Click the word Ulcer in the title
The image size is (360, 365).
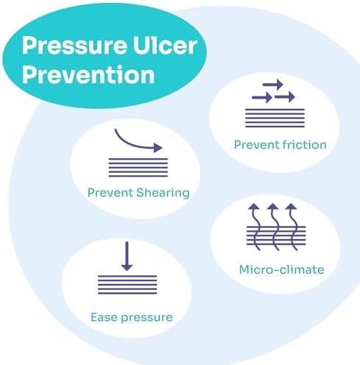[165, 46]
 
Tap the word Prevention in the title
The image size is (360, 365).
[88, 74]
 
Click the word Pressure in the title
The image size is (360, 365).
[74, 46]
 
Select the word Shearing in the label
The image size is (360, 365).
[163, 193]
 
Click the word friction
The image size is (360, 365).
[304, 145]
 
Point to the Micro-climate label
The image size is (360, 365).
[281, 269]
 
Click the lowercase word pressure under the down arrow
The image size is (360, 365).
[147, 318]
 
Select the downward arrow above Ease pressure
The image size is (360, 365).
[127, 256]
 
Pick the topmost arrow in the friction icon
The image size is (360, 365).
[272, 85]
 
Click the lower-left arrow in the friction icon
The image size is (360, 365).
[262, 98]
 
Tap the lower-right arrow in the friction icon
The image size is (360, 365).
[284, 97]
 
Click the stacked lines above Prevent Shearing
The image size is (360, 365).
[138, 168]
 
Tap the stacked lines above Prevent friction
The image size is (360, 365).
[275, 118]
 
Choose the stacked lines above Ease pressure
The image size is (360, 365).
[127, 285]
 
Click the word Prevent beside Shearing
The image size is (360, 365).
[110, 193]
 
